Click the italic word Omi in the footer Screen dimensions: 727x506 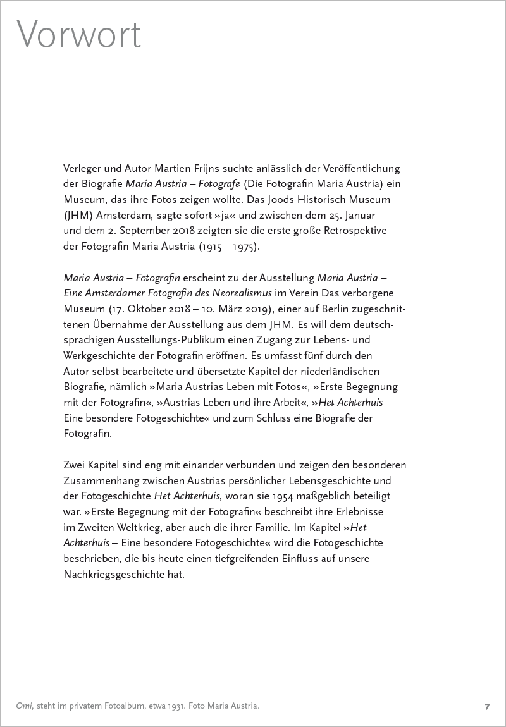coord(23,706)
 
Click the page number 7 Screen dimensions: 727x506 coord(487,706)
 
